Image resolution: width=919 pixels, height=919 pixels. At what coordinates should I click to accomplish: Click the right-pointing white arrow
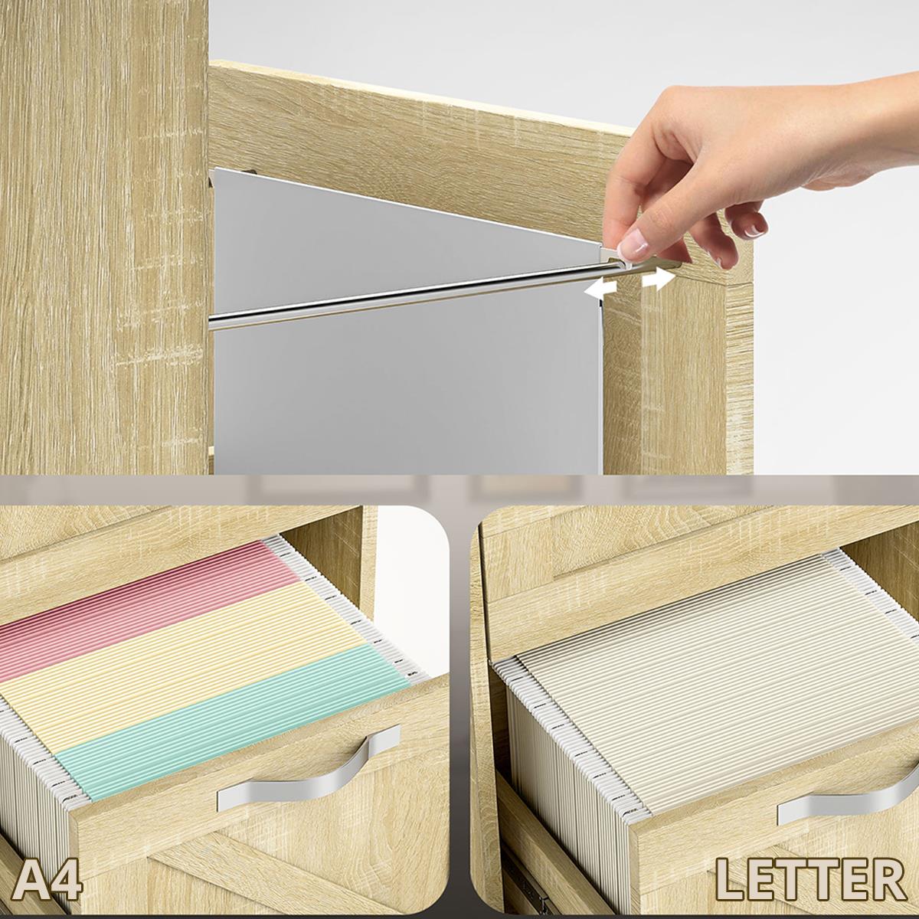click(x=659, y=280)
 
